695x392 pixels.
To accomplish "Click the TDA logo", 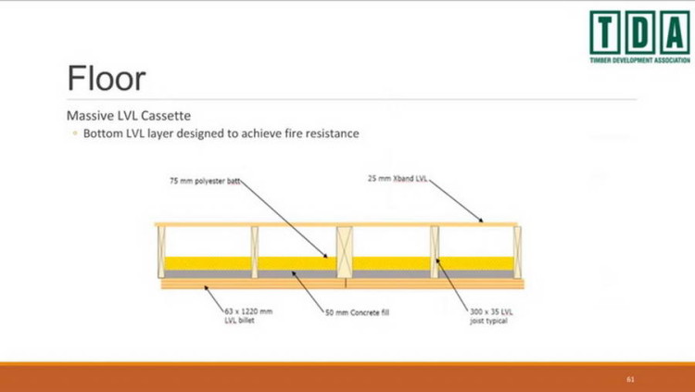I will (x=638, y=32).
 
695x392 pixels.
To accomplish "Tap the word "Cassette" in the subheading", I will (x=167, y=117).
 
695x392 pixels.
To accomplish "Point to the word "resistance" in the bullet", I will (x=328, y=133).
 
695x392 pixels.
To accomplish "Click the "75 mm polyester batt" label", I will (x=204, y=182).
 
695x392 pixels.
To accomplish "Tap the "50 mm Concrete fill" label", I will (x=357, y=313).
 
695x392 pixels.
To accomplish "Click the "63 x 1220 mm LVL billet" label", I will (x=248, y=315).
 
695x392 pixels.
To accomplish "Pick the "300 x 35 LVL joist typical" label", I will (x=492, y=315).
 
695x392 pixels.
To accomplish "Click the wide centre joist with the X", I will (x=344, y=251).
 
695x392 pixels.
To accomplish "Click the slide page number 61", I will (x=631, y=378).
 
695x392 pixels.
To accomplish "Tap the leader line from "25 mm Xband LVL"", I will (x=456, y=199).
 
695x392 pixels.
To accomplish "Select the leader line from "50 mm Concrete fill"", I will (x=307, y=292).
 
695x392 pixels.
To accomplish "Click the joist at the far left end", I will (x=161, y=251).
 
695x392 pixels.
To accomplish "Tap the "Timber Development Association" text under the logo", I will (x=639, y=59).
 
